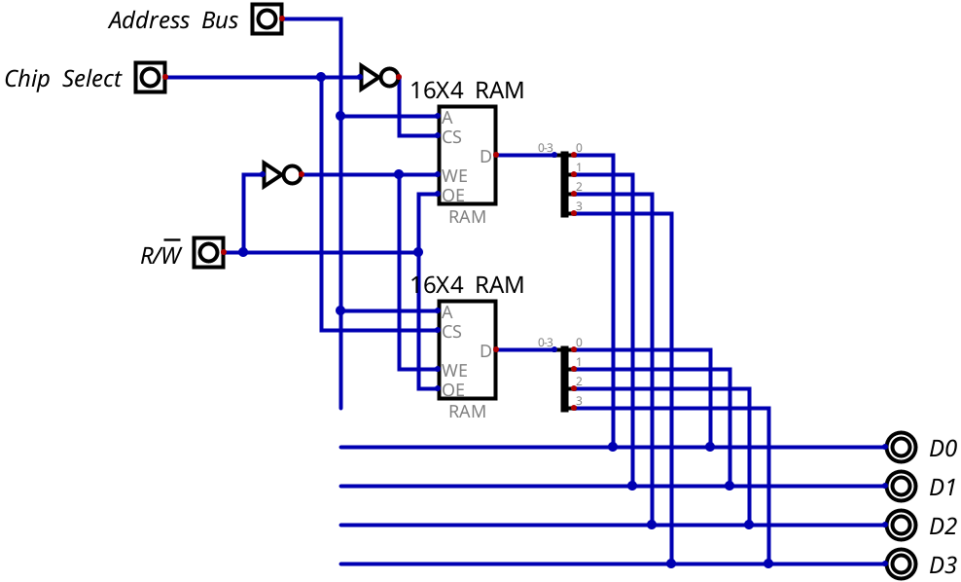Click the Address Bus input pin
(267, 19)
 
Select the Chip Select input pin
(150, 77)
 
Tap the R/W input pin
(208, 252)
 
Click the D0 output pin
(901, 447)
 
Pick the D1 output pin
(901, 487)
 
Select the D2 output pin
(901, 525)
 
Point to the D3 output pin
(901, 564)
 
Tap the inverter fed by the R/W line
(282, 175)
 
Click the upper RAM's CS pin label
(451, 137)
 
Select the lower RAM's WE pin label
(454, 371)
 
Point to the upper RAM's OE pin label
(453, 196)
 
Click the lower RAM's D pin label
(485, 350)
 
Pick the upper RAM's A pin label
(447, 118)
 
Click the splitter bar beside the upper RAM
(564, 184)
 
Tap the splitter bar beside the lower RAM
(564, 379)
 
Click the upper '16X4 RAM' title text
(467, 91)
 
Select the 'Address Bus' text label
(173, 20)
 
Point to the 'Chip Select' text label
(63, 79)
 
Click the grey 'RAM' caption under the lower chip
(467, 411)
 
